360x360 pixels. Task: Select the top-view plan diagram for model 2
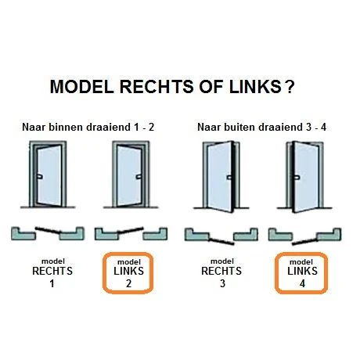[129, 232]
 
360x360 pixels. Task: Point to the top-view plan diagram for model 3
[221, 234]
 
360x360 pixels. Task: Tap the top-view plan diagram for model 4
[304, 234]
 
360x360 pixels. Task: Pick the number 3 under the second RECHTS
[222, 283]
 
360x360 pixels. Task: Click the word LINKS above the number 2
[130, 272]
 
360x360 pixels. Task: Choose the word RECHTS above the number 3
[222, 272]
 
